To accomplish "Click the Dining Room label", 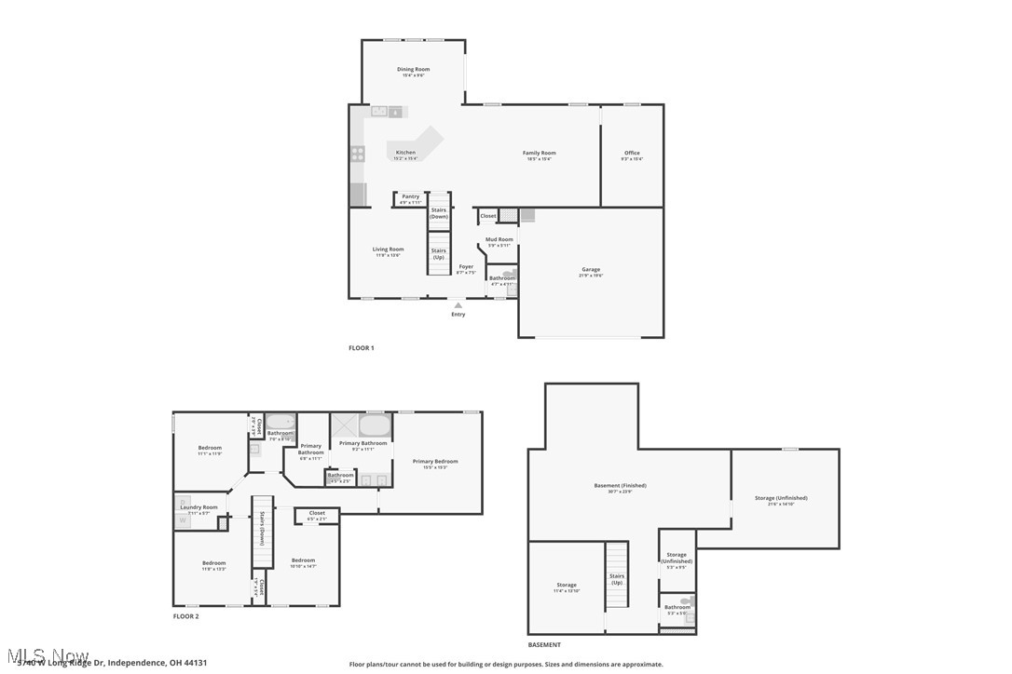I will (x=413, y=70).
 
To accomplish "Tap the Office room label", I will (x=632, y=154).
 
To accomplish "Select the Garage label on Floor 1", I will (x=591, y=270).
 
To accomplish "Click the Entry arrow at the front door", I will (x=458, y=304).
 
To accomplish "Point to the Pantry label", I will (x=411, y=196).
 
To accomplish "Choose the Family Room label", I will (x=539, y=154).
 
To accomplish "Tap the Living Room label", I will (x=388, y=249).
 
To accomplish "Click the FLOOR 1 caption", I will (x=361, y=348).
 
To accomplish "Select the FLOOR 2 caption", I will (x=185, y=616).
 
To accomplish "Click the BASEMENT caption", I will (x=544, y=645).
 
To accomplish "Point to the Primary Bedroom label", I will (x=435, y=462).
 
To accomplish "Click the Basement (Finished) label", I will (x=620, y=486).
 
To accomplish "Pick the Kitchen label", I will (x=405, y=153).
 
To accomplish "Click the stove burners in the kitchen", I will (x=358, y=155).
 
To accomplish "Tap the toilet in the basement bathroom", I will (x=688, y=602).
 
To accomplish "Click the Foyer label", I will (x=466, y=267).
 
